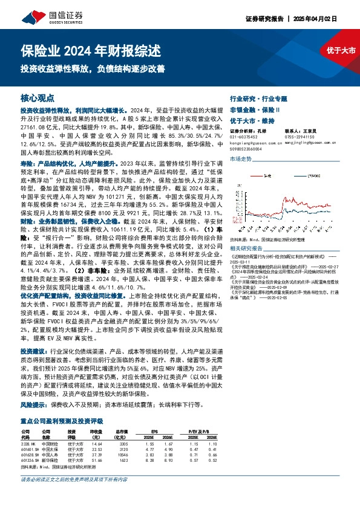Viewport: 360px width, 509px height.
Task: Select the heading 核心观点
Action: click(38, 97)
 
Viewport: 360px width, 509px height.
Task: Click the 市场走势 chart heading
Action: click(240, 158)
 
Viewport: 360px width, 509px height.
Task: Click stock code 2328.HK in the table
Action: click(28, 444)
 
